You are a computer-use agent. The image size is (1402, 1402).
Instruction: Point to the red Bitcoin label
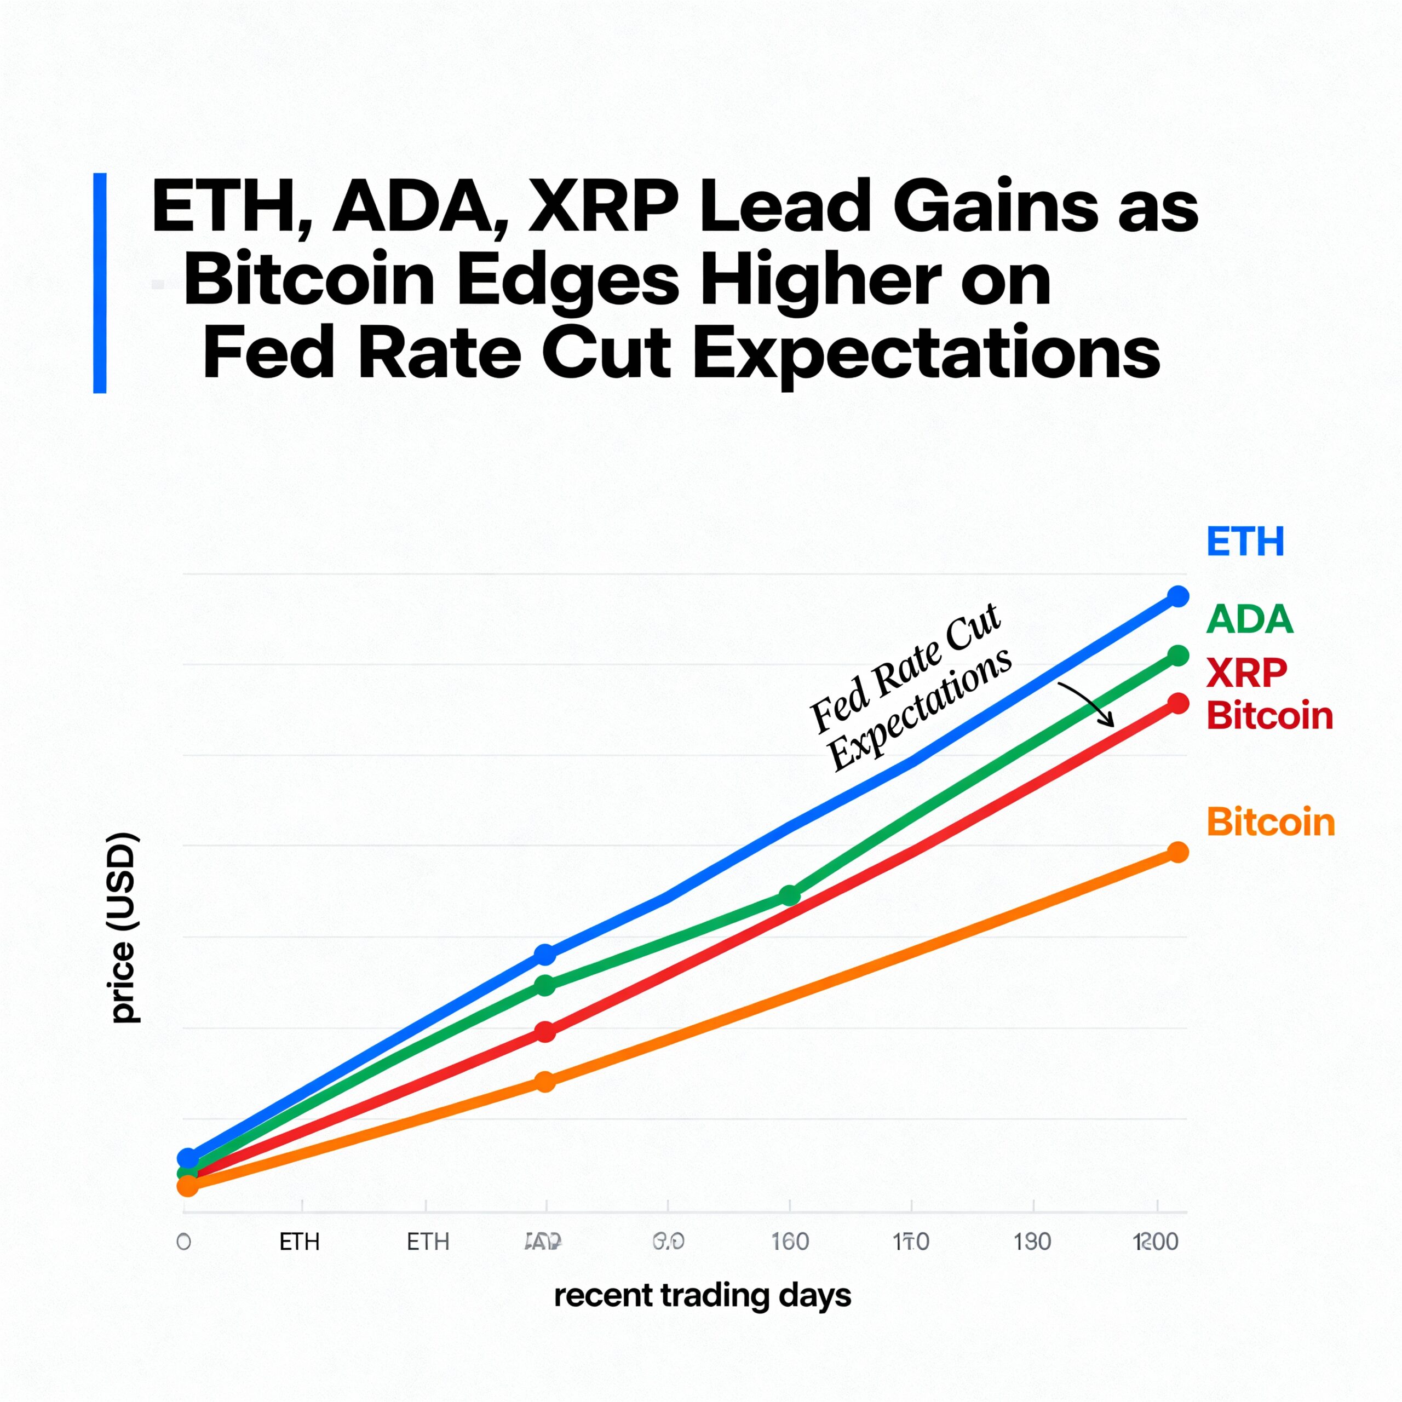point(1269,716)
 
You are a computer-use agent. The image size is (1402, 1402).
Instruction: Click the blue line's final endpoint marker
point(1179,596)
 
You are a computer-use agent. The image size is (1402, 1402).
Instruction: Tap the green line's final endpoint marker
point(1179,656)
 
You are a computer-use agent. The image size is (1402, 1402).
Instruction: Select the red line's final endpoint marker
point(1179,703)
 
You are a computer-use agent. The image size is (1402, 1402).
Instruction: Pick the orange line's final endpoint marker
point(1179,852)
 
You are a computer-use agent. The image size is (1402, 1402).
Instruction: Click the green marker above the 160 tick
point(790,895)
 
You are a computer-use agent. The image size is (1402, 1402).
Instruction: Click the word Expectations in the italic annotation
point(920,709)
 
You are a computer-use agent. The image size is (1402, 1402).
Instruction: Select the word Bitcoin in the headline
point(308,281)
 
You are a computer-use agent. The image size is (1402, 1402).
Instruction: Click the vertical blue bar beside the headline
point(100,283)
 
